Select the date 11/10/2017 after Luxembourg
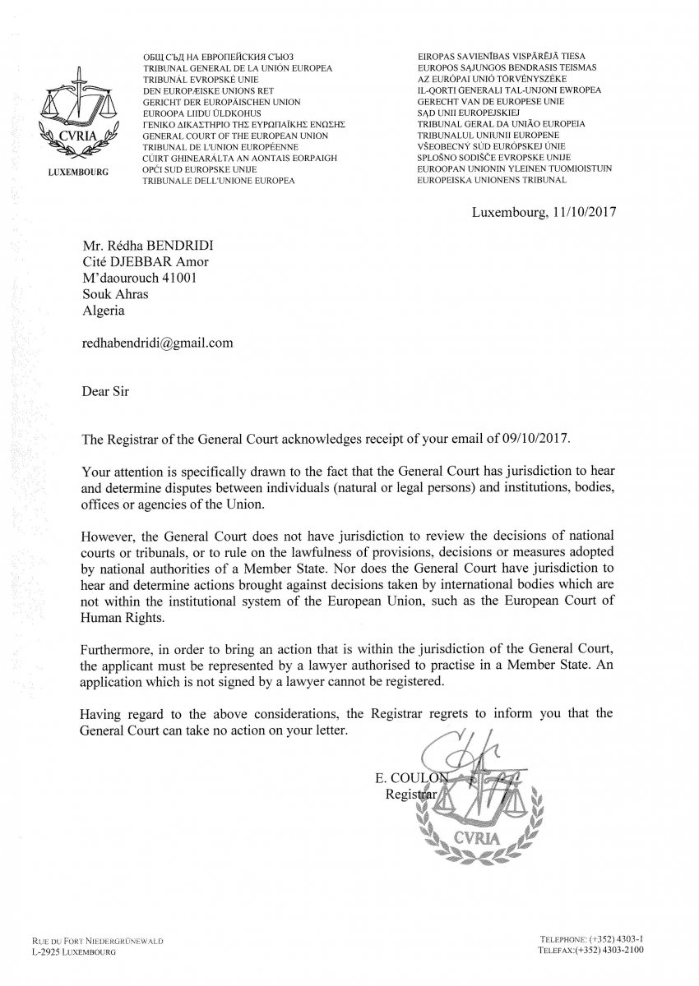pos(581,211)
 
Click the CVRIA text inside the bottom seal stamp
pos(472,836)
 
